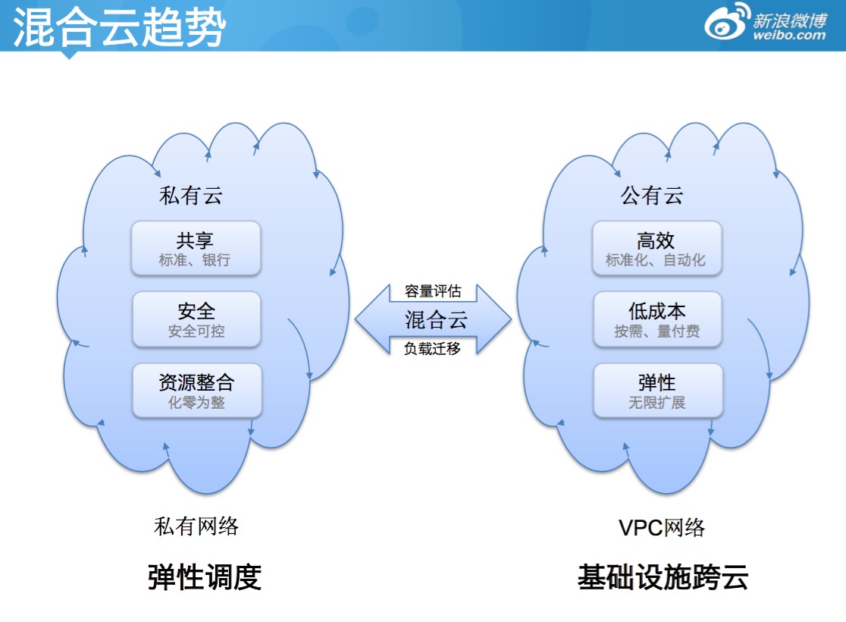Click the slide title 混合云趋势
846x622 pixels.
point(120,28)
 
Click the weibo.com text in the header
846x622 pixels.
point(789,35)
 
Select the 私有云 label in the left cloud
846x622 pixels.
point(191,196)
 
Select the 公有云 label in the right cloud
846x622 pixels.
point(652,196)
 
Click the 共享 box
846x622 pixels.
point(196,249)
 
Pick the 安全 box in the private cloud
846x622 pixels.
point(196,319)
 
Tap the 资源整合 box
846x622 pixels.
point(196,390)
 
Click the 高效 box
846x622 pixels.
point(656,249)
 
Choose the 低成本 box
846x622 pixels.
point(656,319)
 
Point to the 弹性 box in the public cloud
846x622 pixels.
point(656,390)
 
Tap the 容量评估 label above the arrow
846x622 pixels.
point(433,291)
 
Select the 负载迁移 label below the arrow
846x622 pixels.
point(432,348)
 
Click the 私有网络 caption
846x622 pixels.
point(196,526)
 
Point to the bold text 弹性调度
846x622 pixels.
point(205,576)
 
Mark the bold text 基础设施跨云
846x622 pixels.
point(663,576)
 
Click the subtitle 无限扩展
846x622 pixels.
point(656,403)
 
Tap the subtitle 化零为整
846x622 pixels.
point(196,403)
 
